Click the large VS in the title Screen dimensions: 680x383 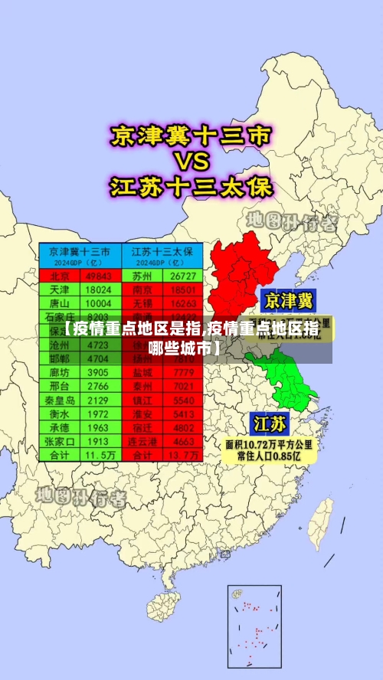coord(191,162)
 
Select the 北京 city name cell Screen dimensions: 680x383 coord(60,276)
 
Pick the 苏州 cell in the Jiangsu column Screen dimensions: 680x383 coord(142,276)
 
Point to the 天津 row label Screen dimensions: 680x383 coord(60,290)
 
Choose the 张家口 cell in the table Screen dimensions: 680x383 coord(60,441)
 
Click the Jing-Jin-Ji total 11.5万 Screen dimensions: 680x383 coord(99,455)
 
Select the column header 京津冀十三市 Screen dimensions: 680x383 coord(80,252)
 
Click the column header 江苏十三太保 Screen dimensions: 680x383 coord(162,252)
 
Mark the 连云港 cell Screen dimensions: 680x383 coord(142,441)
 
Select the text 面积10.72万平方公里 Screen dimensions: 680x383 coord(267,443)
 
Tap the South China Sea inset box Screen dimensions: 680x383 coord(254,626)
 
